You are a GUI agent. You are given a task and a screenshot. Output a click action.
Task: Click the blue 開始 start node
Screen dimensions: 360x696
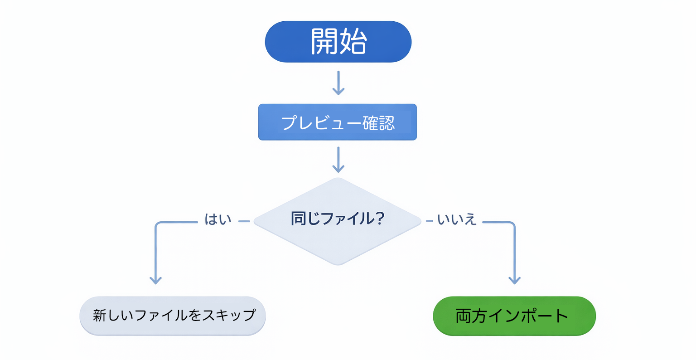coord(338,42)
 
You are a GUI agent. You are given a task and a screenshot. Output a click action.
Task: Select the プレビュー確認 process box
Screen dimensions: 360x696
coord(338,122)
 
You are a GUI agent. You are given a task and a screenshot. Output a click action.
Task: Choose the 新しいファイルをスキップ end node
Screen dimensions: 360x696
coord(173,316)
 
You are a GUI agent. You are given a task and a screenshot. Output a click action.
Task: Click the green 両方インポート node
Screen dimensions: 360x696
coord(514,316)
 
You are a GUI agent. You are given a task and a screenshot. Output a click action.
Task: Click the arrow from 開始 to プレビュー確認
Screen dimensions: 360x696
coord(338,83)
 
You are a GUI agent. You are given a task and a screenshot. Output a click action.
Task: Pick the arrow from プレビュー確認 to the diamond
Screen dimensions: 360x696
coord(338,160)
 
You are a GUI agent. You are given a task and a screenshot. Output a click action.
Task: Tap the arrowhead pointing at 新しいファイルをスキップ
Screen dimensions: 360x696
coord(156,280)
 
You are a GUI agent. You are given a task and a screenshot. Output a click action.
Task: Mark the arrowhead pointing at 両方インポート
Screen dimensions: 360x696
coord(514,280)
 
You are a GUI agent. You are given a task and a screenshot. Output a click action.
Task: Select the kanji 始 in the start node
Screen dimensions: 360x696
coord(353,42)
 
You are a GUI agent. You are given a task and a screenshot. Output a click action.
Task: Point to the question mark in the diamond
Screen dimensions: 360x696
coord(380,219)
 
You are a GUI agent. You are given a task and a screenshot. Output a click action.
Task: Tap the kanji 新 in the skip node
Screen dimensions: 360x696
coord(100,316)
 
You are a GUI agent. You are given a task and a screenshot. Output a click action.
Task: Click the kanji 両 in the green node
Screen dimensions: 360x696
coord(463,316)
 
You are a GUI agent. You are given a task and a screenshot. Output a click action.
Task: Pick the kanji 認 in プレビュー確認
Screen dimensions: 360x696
coord(387,123)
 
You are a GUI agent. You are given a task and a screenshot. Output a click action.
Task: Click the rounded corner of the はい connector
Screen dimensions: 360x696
coord(157,224)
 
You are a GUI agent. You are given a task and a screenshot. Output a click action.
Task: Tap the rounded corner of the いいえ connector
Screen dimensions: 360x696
coord(513,224)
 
